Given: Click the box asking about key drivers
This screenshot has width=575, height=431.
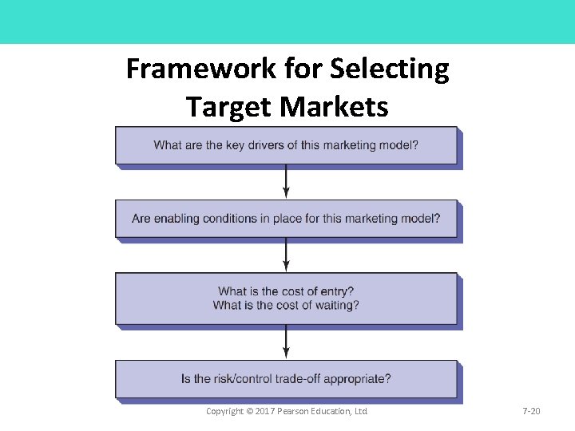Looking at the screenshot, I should (286, 145).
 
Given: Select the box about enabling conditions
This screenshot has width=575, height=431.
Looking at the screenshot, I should (286, 218).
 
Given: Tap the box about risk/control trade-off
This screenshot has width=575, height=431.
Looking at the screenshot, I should (286, 379).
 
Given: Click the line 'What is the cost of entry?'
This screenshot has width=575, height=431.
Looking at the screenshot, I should (286, 291).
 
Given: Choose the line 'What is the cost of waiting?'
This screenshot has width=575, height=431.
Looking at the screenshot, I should (286, 305).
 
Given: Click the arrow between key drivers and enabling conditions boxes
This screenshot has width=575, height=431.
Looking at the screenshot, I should (286, 182).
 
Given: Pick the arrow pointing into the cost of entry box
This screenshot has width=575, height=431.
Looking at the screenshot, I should (286, 255).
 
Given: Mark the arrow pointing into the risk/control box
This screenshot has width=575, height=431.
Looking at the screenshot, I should (286, 342).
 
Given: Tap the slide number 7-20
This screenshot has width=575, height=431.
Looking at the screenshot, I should (531, 411).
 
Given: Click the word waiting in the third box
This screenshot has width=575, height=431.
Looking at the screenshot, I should (338, 305).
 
